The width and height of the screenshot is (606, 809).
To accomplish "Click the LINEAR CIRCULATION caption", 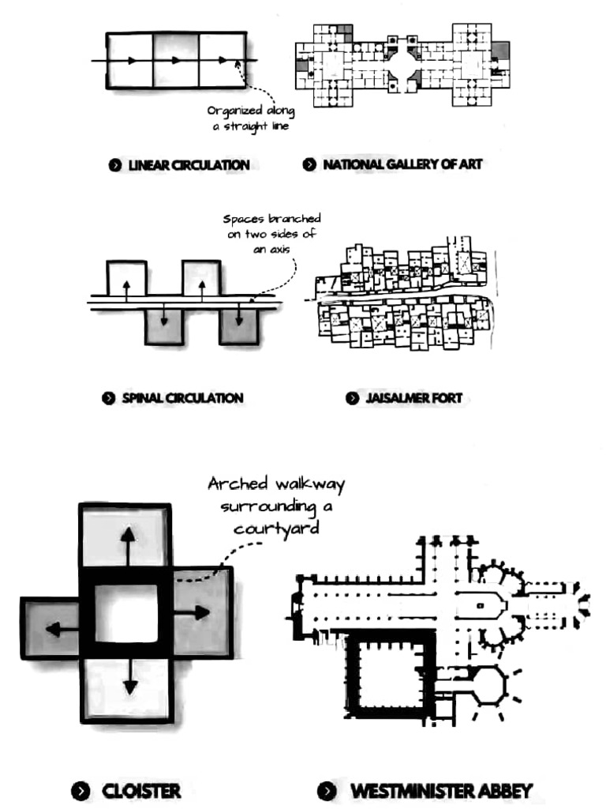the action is [189, 165].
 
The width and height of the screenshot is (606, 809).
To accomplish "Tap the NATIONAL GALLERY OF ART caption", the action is [402, 164].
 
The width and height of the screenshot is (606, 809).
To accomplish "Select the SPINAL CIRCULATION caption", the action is [182, 398].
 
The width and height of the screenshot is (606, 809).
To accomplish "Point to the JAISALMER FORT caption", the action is [413, 398].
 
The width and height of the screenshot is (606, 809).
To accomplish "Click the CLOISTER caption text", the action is [141, 791].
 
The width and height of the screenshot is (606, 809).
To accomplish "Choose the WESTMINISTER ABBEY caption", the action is [441, 791].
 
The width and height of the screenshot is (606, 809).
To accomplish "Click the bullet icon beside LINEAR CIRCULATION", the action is [115, 165].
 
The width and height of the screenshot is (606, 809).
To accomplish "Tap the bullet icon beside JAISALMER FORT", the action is [352, 398].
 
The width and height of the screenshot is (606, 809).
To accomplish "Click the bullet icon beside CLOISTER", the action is [80, 791].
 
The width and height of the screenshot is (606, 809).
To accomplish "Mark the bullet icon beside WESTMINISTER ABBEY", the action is [327, 791].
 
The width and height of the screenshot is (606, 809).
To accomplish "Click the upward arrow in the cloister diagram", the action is [128, 547].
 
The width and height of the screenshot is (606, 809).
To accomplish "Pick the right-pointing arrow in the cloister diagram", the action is [191, 613].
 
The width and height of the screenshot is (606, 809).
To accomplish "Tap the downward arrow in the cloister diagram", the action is [130, 676].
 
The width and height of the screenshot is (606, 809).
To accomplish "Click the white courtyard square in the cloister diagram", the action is [126, 613].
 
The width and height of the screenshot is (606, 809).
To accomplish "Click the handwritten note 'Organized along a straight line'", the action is [250, 119].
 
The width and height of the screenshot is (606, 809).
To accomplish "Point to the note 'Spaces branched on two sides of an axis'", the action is [271, 234].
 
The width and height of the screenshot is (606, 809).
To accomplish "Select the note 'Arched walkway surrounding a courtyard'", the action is [276, 506].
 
